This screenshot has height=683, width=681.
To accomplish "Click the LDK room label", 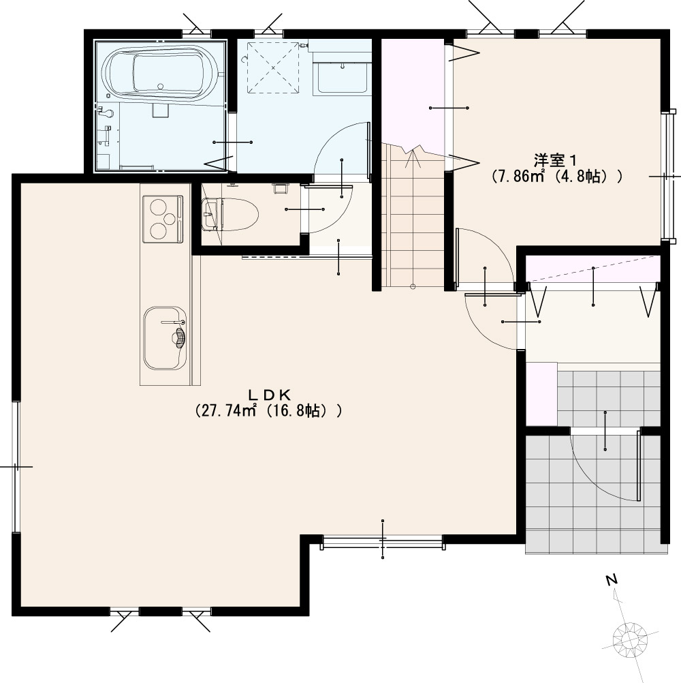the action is [269, 395].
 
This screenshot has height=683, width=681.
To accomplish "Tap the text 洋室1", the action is [556, 160].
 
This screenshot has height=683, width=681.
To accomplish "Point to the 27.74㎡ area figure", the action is [226, 411].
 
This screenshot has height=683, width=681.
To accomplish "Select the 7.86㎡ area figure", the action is [522, 177].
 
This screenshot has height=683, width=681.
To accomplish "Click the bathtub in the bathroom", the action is [159, 72].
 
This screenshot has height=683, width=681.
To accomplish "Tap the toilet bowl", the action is [231, 214].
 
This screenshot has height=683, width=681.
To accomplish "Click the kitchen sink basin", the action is [165, 338].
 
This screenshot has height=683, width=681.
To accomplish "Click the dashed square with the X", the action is [274, 67].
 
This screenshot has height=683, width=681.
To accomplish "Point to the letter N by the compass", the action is [612, 580].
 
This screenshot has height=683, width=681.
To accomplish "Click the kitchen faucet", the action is [173, 322].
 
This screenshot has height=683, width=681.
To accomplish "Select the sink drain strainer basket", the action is [179, 337].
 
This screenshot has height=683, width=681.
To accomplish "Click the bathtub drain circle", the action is [161, 87].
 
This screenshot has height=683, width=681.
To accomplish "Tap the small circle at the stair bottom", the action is [413, 286].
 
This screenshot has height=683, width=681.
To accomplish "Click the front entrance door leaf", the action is [638, 466].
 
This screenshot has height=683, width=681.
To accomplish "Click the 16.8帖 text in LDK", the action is [296, 411].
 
